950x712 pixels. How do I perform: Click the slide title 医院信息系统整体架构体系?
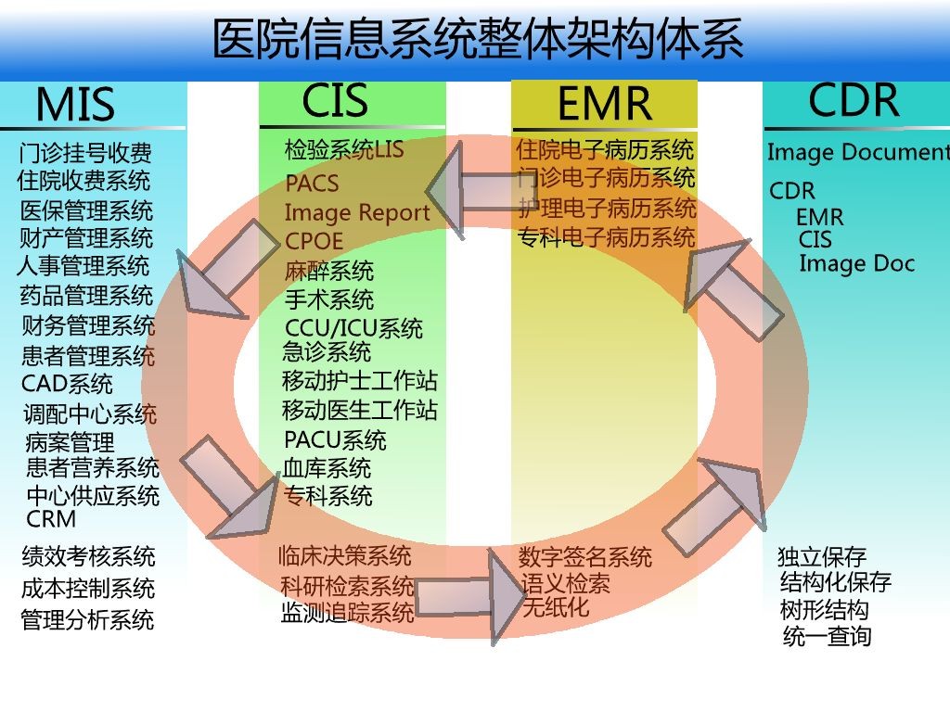pyautogui.click(x=477, y=40)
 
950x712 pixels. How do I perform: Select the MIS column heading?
pyautogui.click(x=75, y=105)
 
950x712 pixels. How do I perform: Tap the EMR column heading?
pyautogui.click(x=604, y=104)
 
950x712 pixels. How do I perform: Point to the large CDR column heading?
pyautogui.click(x=854, y=100)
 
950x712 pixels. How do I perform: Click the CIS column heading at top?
pyautogui.click(x=335, y=100)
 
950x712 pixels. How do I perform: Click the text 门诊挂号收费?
pyautogui.click(x=85, y=152)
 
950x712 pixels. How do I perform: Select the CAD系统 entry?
pyautogui.click(x=67, y=383)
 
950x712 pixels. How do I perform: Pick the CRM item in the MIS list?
pyautogui.click(x=51, y=519)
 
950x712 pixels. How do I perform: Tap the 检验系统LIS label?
pyautogui.click(x=344, y=149)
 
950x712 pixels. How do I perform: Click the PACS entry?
pyautogui.click(x=312, y=184)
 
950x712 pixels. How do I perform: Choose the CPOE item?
pyautogui.click(x=314, y=241)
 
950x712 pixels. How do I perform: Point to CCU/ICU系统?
pyautogui.click(x=353, y=328)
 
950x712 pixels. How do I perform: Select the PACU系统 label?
pyautogui.click(x=335, y=439)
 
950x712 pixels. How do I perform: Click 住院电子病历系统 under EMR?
pyautogui.click(x=605, y=149)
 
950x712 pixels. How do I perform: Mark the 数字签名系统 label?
pyautogui.click(x=584, y=557)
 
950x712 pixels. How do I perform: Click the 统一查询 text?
pyautogui.click(x=827, y=637)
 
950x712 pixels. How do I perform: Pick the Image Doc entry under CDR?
pyautogui.click(x=856, y=263)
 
